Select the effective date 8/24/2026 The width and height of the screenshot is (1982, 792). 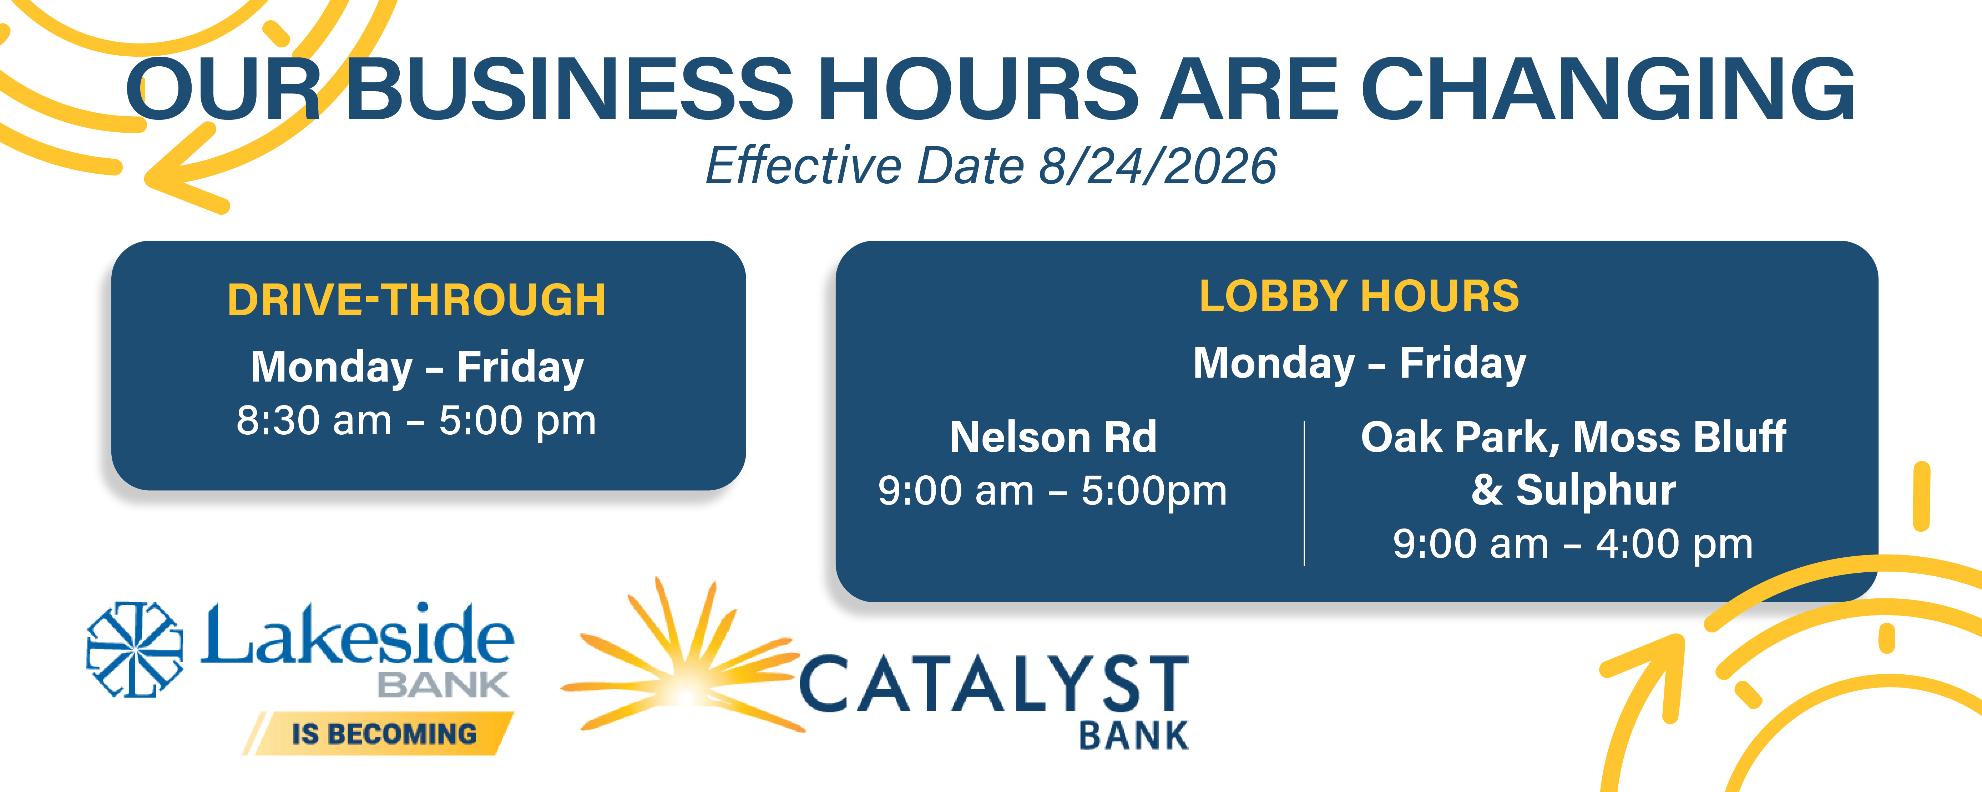(x=1158, y=165)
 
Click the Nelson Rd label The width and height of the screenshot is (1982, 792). (x=1053, y=437)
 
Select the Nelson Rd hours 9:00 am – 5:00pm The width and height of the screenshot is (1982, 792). (x=1052, y=491)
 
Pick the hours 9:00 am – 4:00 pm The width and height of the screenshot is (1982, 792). (x=1573, y=545)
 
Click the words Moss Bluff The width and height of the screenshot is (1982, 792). (x=1680, y=437)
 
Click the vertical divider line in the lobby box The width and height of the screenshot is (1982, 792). (x=1304, y=494)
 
